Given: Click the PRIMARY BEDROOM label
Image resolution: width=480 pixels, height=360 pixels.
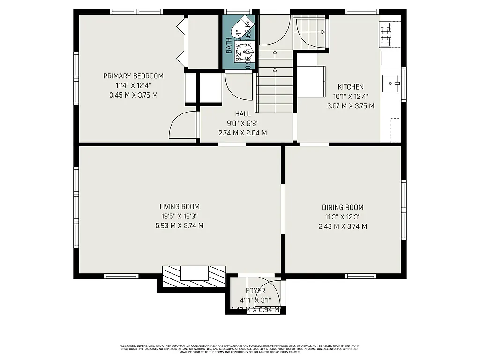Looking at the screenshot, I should (x=133, y=76).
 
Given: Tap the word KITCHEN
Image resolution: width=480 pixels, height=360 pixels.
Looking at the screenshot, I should (x=351, y=87).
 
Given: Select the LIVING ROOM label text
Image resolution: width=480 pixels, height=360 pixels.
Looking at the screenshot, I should (x=180, y=206).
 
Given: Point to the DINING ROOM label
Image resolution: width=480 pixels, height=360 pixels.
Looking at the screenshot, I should (x=342, y=207).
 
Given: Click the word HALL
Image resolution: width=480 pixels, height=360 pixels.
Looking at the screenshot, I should (x=243, y=114).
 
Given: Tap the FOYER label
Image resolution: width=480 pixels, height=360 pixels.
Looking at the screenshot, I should (x=255, y=291).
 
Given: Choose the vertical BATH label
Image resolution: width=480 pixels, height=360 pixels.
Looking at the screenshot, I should (x=229, y=45).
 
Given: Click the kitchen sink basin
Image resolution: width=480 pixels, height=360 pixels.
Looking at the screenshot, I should (x=391, y=84).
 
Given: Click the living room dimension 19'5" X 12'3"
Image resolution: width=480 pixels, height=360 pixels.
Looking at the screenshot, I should (x=180, y=216).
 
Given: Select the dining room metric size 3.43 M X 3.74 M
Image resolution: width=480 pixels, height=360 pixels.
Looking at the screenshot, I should (x=342, y=226).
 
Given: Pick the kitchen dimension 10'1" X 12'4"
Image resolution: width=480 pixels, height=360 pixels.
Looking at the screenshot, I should (x=351, y=97).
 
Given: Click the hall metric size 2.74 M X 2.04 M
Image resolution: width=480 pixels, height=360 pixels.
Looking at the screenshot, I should (x=243, y=133).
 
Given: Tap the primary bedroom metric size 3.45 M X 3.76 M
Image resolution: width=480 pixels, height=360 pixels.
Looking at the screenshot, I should (x=133, y=95).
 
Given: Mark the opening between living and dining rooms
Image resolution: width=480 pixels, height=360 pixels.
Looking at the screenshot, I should (x=283, y=208).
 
